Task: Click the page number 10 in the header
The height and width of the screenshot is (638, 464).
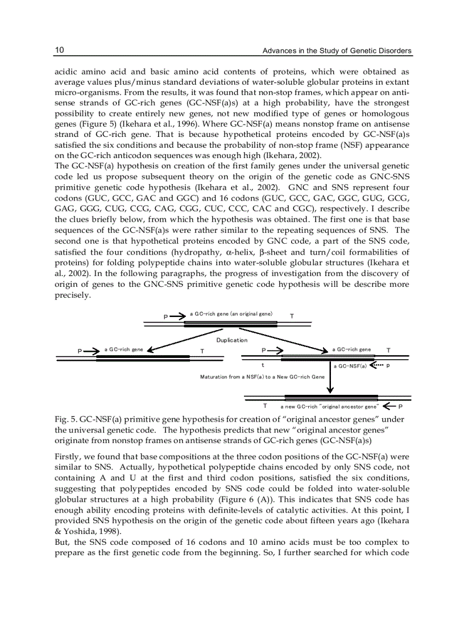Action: pos(59,51)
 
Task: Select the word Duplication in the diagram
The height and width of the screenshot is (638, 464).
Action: pos(231,340)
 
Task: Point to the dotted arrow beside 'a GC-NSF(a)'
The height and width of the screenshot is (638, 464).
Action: pos(376,365)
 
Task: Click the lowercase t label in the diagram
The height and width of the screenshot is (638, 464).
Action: pos(262,366)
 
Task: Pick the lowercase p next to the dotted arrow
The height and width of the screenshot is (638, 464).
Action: pos(388,365)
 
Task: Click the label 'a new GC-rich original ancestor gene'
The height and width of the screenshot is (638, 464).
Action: pos(329,407)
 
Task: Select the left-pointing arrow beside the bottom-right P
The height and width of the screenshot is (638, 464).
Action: pos(389,406)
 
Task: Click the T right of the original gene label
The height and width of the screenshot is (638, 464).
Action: pos(292,316)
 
